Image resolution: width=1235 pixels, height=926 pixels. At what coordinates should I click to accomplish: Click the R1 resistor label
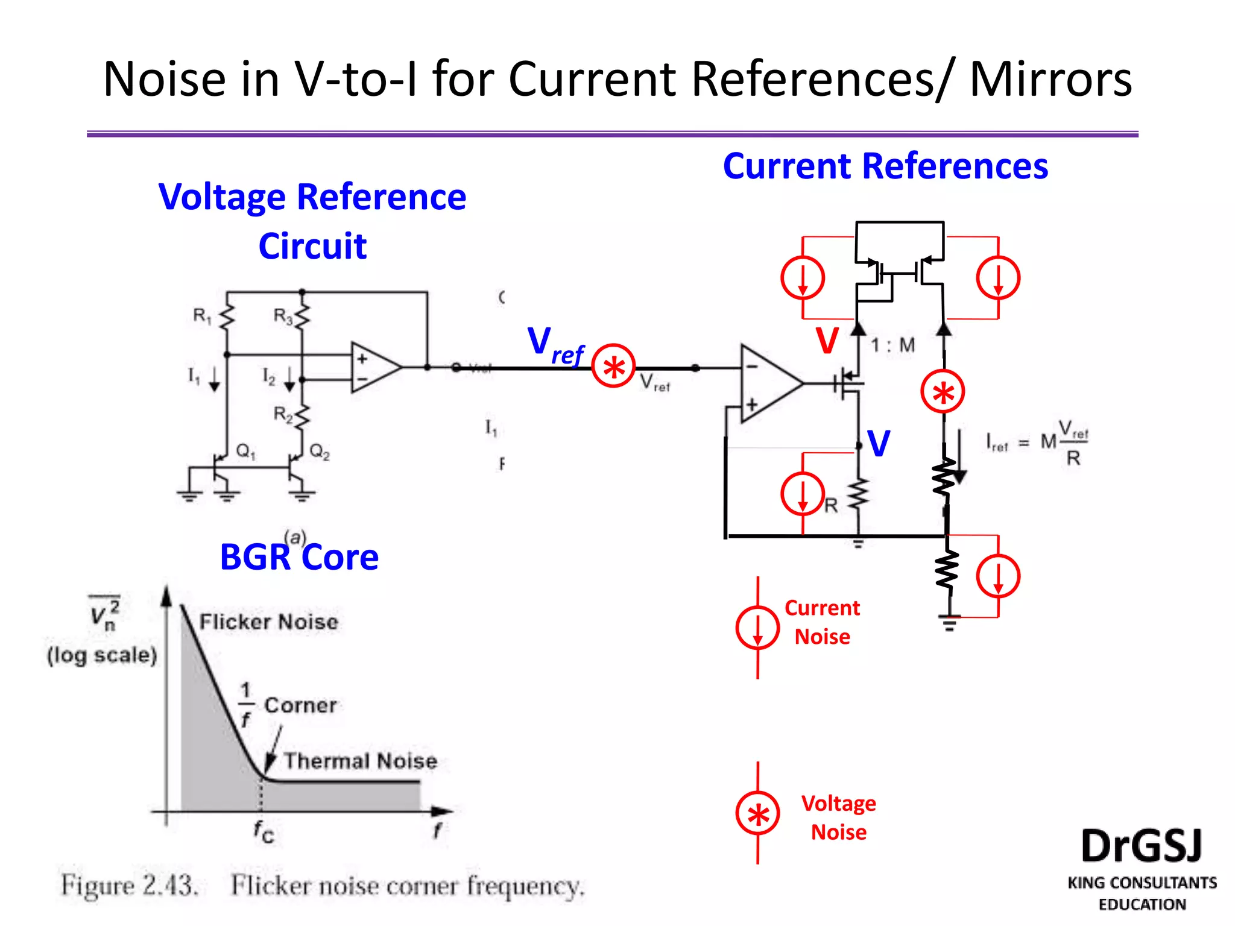tap(201, 315)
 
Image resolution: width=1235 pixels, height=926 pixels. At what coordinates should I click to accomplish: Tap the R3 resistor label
tap(283, 315)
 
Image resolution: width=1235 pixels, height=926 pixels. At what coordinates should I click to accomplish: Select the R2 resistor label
tap(283, 414)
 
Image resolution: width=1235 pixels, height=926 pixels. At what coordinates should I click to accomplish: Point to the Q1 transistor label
tap(245, 451)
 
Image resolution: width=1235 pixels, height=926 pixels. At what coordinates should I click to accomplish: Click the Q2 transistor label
tap(320, 452)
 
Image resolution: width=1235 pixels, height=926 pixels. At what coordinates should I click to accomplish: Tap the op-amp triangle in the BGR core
tap(374, 367)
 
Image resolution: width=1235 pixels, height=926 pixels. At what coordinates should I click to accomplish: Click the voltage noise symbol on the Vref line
tap(613, 366)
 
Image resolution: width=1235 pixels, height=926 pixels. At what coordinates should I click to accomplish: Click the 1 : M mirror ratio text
tap(892, 345)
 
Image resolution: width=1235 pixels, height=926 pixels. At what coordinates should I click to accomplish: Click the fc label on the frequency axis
tap(264, 832)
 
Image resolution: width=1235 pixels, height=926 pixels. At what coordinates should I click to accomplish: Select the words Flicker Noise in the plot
tap(268, 622)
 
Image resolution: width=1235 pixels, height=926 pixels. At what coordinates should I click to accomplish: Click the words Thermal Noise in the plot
tap(360, 761)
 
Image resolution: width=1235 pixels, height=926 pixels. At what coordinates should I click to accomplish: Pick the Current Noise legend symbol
tap(757, 628)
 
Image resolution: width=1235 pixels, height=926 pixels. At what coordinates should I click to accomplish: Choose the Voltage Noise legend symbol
tap(757, 813)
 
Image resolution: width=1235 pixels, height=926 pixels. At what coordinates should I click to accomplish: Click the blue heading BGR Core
tap(299, 557)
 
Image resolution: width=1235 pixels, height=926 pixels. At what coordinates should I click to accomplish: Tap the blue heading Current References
tap(885, 166)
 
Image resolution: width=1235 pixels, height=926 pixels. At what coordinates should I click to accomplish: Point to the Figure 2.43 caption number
tap(169, 886)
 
